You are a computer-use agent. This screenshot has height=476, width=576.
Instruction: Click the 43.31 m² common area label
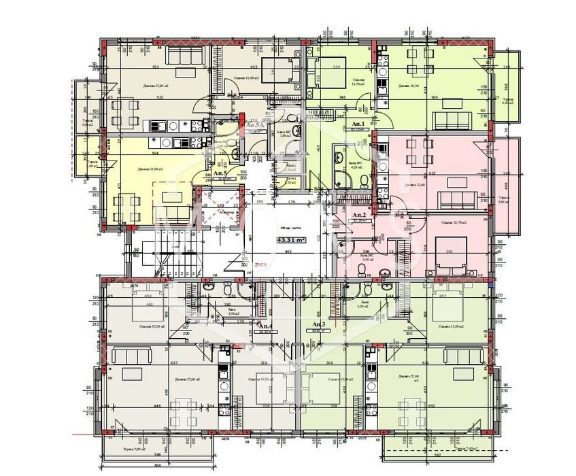290,239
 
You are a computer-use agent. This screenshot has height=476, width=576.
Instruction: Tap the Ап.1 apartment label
358,123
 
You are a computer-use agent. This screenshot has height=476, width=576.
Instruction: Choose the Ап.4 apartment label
265,326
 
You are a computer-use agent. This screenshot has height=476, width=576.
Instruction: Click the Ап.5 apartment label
220,174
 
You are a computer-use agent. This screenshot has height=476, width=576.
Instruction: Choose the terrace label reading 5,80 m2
504,200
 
